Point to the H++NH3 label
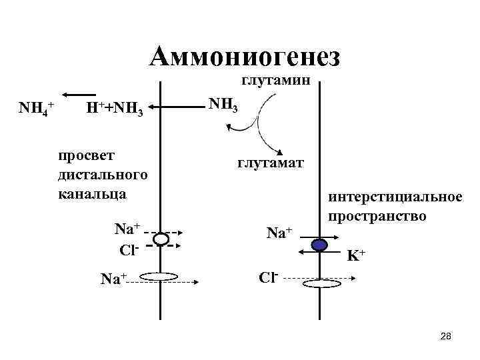[x=115, y=108]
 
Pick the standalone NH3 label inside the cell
[x=223, y=105]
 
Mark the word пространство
[x=376, y=217]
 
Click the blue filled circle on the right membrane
[x=320, y=245]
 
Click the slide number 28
[x=446, y=338]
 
